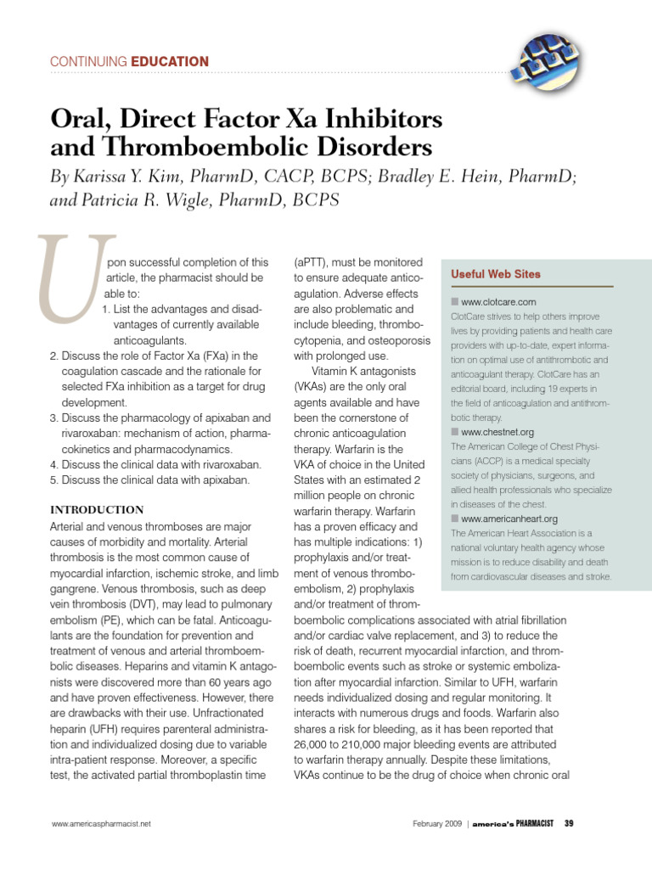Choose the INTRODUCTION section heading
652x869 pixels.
(98, 509)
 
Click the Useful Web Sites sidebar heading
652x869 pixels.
(495, 275)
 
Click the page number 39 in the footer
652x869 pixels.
(570, 823)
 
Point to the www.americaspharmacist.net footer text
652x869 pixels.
(101, 823)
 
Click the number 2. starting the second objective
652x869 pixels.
(53, 356)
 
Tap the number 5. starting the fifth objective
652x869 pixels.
(53, 480)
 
